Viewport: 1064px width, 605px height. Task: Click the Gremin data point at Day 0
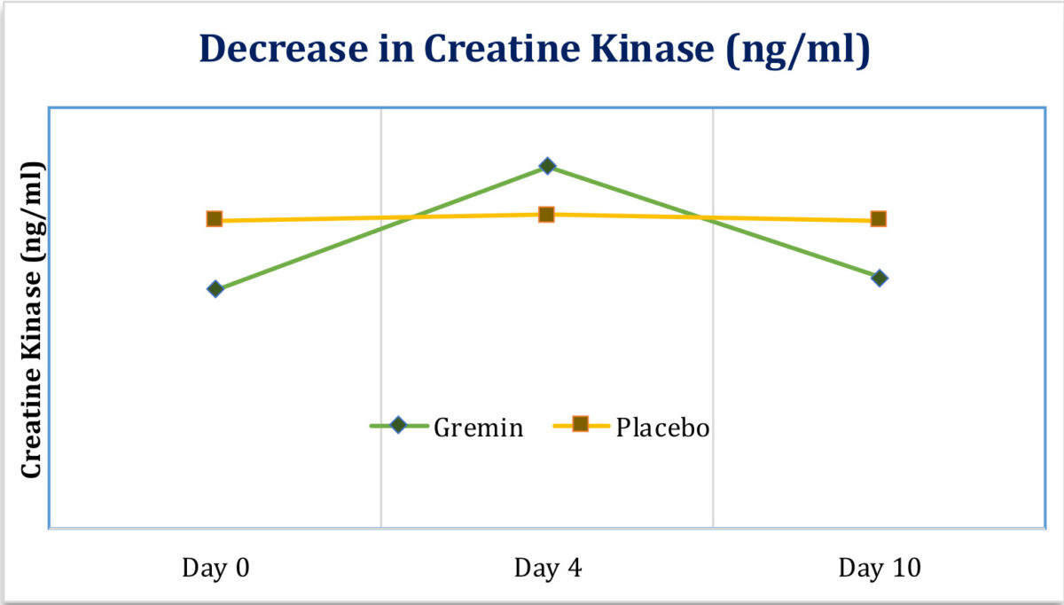tap(215, 289)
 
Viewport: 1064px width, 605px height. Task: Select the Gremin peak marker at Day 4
tap(548, 166)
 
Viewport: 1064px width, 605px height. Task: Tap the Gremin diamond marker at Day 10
tap(879, 278)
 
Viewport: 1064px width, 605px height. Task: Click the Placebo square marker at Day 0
tap(215, 219)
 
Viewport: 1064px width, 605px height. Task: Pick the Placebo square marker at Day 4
tap(547, 215)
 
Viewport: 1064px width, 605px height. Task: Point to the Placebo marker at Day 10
tap(879, 219)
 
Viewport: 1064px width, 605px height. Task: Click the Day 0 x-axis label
tap(215, 568)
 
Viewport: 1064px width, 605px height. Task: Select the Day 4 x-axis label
tap(548, 568)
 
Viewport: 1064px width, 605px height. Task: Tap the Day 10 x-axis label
tap(880, 568)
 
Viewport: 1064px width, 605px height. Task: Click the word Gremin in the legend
tap(479, 428)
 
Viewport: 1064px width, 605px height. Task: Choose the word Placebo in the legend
tap(663, 428)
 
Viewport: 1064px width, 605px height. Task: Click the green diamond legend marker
tap(398, 425)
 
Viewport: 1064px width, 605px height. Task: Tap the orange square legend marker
tap(581, 425)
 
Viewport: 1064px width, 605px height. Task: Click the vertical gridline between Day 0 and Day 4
tap(381, 355)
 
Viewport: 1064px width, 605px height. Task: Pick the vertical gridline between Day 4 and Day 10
tap(713, 355)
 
